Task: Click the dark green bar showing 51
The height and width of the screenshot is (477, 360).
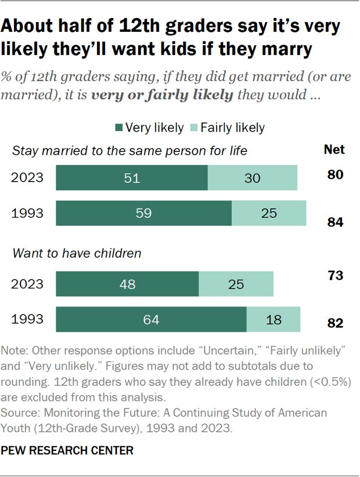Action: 132,178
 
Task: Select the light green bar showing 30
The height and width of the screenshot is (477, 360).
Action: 253,178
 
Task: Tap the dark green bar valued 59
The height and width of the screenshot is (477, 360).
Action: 143,213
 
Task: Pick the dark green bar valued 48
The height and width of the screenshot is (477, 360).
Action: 127,284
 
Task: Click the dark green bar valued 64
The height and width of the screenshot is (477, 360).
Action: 151,319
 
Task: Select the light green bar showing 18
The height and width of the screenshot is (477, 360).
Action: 273,319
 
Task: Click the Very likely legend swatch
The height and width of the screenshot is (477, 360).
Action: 120,128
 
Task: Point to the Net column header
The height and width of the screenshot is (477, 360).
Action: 334,150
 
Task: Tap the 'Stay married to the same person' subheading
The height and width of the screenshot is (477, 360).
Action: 130,151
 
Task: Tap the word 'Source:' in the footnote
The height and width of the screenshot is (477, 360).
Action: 19,413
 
